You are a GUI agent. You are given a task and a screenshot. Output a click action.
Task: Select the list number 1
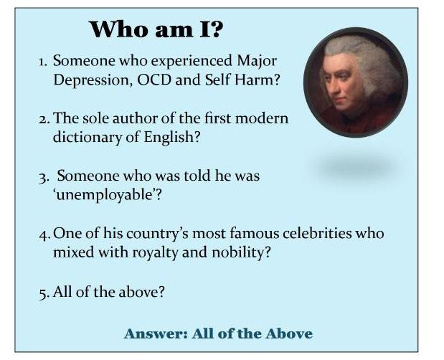point(42,62)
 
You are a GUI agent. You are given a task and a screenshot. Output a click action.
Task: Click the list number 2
point(42,118)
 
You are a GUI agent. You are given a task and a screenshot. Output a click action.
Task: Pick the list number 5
point(43,292)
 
